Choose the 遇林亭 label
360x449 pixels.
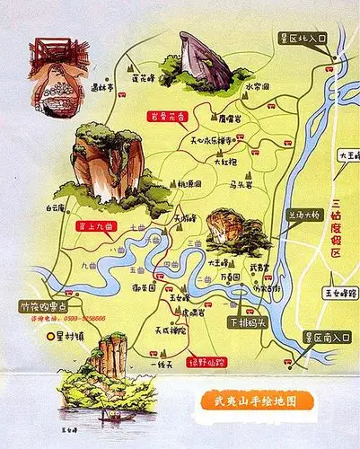point(103,88)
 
